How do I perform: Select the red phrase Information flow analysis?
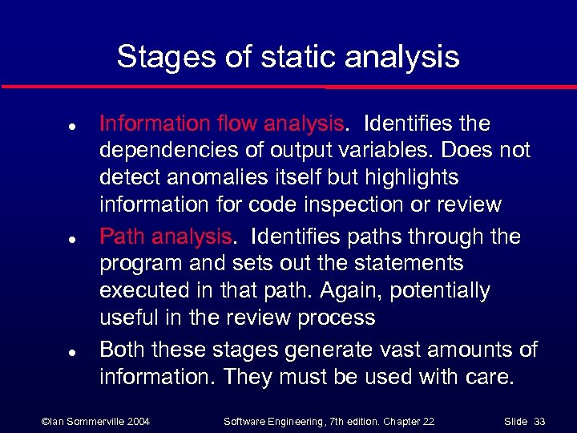[221, 123]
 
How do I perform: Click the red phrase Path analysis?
[165, 237]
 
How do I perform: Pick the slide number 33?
[539, 421]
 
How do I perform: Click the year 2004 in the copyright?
[136, 421]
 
